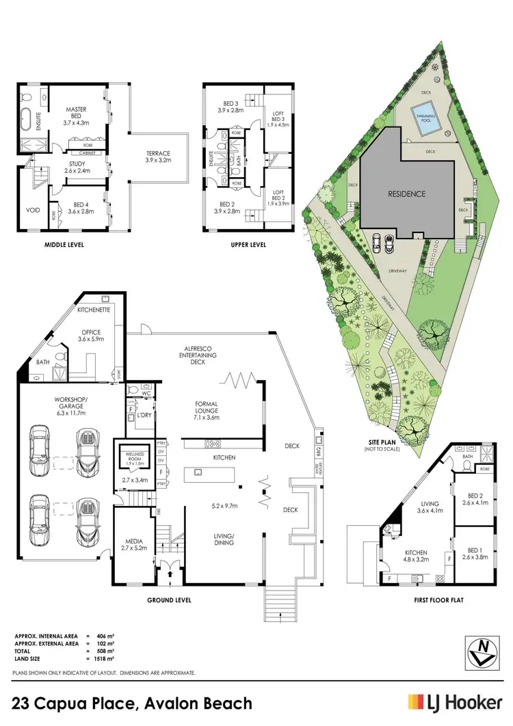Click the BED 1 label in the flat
(475, 553)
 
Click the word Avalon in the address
(163, 703)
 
